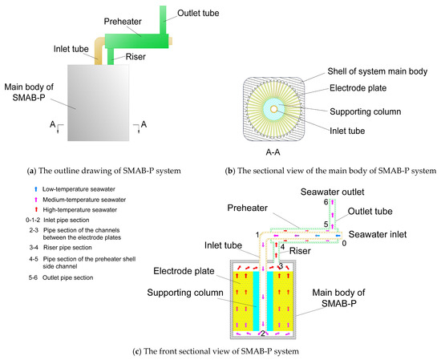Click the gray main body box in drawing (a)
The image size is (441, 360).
pyautogui.click(x=98, y=103)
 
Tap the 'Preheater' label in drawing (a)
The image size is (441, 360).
pyautogui.click(x=123, y=22)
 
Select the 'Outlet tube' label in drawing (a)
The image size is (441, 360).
pyautogui.click(x=198, y=13)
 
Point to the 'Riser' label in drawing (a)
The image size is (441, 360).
pyautogui.click(x=136, y=57)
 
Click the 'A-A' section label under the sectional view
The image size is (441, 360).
pyautogui.click(x=273, y=152)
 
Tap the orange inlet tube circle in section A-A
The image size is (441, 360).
pyautogui.click(x=273, y=109)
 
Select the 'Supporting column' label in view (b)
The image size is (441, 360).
pyautogui.click(x=366, y=111)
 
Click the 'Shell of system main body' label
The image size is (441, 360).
pyautogui.click(x=377, y=71)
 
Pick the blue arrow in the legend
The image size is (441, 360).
pyautogui.click(x=36, y=189)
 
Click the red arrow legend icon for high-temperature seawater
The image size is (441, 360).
pyautogui.click(x=36, y=209)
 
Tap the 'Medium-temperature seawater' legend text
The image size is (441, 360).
pyautogui.click(x=84, y=200)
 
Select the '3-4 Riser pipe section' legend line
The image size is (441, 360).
pyautogui.click(x=60, y=248)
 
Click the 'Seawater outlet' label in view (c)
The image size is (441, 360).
pyautogui.click(x=332, y=192)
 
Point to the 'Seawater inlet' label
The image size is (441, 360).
pyautogui.click(x=378, y=234)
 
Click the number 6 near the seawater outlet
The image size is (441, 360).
pyautogui.click(x=326, y=202)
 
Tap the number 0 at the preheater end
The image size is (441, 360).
pyautogui.click(x=344, y=243)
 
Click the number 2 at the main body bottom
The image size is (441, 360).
pyautogui.click(x=263, y=334)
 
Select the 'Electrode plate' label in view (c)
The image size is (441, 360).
pyautogui.click(x=184, y=271)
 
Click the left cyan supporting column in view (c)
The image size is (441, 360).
pyautogui.click(x=256, y=301)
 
